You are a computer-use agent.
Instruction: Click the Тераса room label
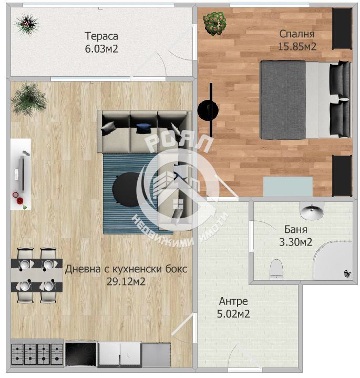coord(101,36)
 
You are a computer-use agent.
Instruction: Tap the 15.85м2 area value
coord(297,46)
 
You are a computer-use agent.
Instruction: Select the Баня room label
coord(295,229)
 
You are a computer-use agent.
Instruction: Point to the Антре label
coord(233,301)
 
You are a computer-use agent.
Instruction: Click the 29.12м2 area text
coord(126,281)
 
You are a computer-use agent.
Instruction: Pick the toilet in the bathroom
coord(276,269)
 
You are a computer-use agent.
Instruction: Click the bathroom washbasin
coord(312,211)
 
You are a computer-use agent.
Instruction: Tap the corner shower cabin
coord(333,260)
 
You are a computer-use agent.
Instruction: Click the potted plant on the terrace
coord(27,24)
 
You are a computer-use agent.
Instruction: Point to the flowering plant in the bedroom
coord(214,23)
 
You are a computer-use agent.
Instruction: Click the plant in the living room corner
coord(29,99)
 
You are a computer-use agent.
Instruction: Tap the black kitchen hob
coord(80,354)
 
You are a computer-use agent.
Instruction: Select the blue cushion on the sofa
coord(143,128)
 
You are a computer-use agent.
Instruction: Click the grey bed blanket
coord(283,100)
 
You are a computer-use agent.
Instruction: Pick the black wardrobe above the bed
coord(342,29)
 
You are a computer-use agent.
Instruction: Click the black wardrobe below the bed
coord(342,176)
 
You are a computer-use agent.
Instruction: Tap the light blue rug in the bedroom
coord(287,186)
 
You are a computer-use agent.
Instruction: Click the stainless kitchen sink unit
coord(156,355)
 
